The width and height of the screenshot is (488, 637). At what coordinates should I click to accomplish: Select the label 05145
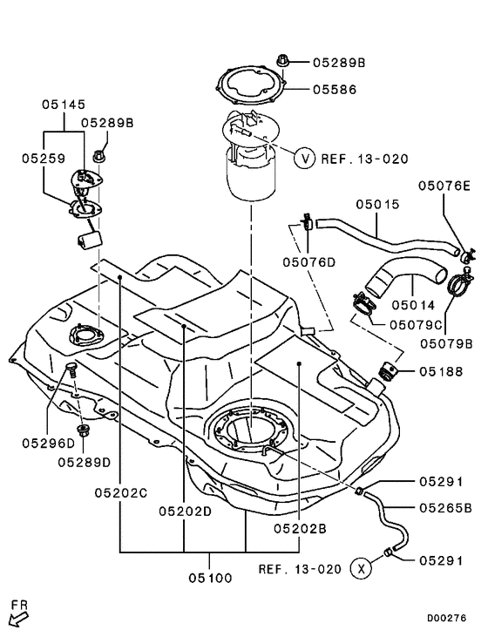pos(63,104)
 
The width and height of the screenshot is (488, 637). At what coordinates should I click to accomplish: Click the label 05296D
pos(48,443)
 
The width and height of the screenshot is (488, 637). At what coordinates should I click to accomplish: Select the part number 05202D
pos(185,511)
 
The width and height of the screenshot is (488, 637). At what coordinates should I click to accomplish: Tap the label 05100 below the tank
pos(209,576)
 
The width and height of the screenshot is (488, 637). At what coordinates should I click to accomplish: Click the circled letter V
pos(304,159)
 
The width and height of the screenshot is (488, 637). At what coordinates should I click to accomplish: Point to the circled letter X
pos(360,569)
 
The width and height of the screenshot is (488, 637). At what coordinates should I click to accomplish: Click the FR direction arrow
pos(17,618)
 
